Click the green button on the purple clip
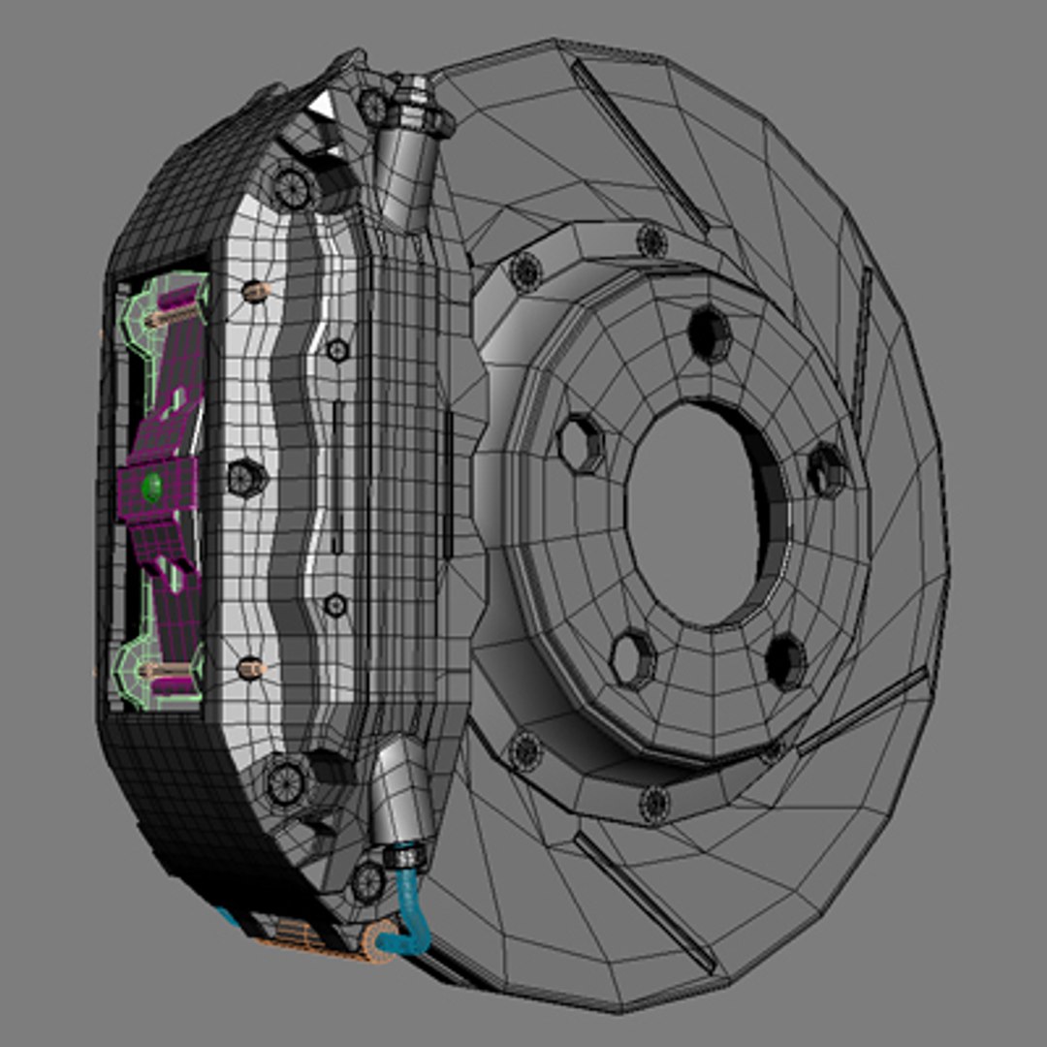(x=152, y=487)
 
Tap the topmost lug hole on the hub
(x=711, y=333)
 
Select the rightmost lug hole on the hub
(x=827, y=469)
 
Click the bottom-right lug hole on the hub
(x=785, y=661)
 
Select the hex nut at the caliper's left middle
(x=246, y=477)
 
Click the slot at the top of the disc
(x=640, y=145)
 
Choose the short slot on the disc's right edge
(x=861, y=339)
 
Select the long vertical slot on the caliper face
(x=337, y=475)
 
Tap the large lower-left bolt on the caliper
(x=287, y=781)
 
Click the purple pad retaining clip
(x=165, y=427)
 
